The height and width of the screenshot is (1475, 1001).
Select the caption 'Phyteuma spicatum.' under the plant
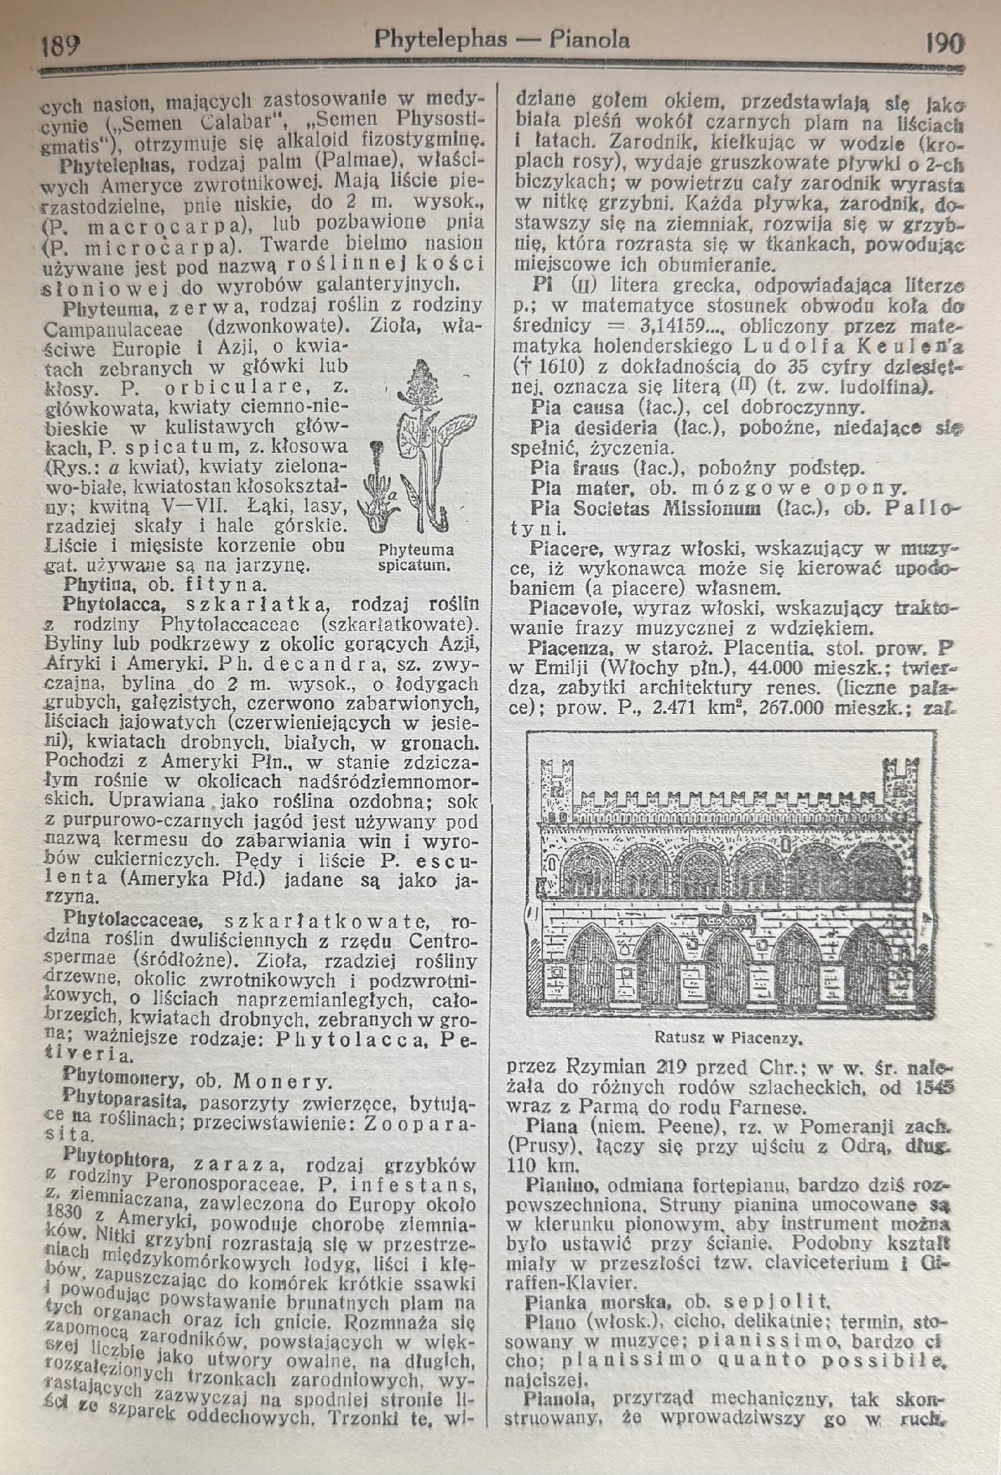coord(415,558)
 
